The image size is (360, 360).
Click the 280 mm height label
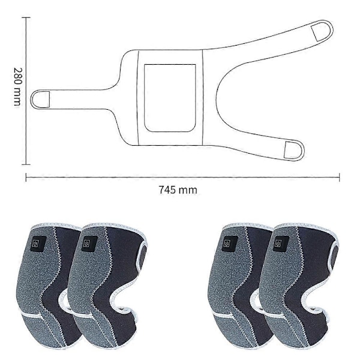tap(17, 87)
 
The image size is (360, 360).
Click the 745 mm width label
tap(178, 190)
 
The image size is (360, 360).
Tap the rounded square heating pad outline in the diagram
tap(170, 98)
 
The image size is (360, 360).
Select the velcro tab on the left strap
tap(44, 99)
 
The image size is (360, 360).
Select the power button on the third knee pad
tap(227, 244)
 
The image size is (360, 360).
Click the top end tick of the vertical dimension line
tap(26, 17)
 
